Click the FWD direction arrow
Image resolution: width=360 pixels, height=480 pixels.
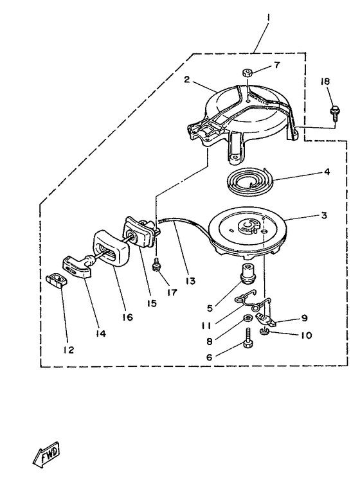coord(46,454)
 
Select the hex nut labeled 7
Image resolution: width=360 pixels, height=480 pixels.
coord(247,73)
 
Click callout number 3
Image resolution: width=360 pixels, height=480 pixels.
coord(323,216)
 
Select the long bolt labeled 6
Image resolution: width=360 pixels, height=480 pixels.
coord(248,337)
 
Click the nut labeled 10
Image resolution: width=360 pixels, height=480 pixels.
coord(263,331)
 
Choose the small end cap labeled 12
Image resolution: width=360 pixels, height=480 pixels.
coord(56,280)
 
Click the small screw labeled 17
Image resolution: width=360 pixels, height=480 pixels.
coord(157,264)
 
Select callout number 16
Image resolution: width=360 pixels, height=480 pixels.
coord(127,317)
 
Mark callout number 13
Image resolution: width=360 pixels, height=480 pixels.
coord(190,280)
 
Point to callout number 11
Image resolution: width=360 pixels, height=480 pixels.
coord(206,325)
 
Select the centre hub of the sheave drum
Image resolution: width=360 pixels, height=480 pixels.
coord(247,226)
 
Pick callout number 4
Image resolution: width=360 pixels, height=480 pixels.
coord(327,172)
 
